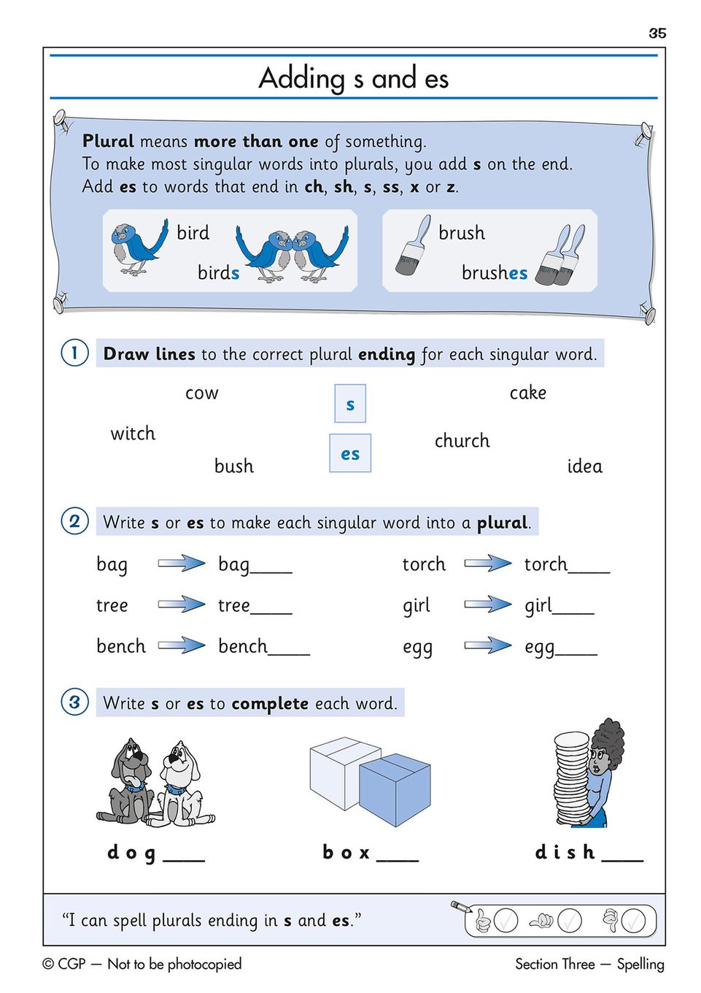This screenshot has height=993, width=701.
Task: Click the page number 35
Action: pos(657,33)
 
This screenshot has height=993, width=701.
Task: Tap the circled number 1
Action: pos(74,353)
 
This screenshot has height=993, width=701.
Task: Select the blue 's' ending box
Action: pos(350,404)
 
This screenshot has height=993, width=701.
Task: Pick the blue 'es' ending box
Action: pos(350,453)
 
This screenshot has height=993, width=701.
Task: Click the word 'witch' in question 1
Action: pos(133,434)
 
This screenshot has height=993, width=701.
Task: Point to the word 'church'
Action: pos(462,441)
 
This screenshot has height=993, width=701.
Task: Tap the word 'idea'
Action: pos(584,467)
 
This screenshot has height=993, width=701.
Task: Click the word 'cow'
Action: pos(202,394)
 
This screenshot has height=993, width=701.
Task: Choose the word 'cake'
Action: pos(527,393)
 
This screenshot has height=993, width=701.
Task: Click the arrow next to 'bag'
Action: pos(182,563)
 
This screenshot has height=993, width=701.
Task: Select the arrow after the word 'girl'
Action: pos(488,604)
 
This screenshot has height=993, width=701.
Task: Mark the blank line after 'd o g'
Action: pos(184,860)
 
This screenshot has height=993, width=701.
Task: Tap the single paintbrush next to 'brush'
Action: pos(413,246)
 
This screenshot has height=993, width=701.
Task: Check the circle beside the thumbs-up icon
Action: pos(506,921)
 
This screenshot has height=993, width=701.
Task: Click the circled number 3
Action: pos(74,702)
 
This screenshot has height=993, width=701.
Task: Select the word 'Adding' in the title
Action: pos(302,78)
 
